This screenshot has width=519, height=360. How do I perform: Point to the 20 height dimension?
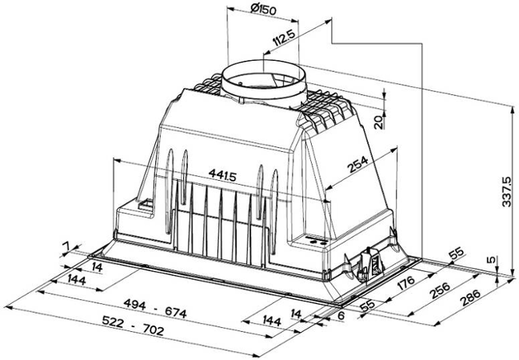coord(379,122)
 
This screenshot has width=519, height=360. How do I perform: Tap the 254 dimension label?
coord(358,166)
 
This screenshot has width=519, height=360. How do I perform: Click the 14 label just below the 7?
coord(97,266)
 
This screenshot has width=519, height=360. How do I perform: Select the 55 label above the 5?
coord(456,254)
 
